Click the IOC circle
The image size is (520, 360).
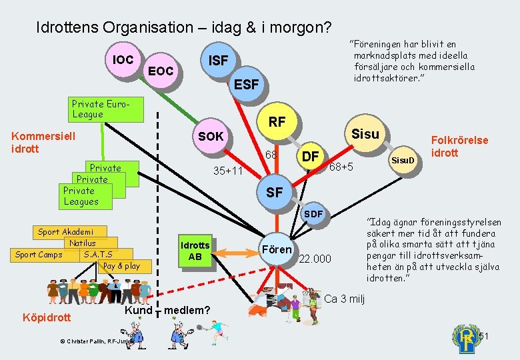(x=123, y=60)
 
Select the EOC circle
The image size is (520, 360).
(x=160, y=71)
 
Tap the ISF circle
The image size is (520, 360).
(x=218, y=61)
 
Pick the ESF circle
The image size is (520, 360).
(x=247, y=85)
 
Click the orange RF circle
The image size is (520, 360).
(x=277, y=121)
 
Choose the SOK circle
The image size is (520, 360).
(x=211, y=137)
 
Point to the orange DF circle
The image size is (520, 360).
(x=309, y=157)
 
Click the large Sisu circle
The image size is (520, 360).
(x=365, y=134)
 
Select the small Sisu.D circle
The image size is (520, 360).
(x=403, y=161)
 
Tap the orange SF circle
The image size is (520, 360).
(x=274, y=193)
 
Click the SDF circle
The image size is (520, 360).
(x=313, y=214)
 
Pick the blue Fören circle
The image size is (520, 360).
(x=277, y=249)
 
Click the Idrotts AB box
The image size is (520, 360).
(x=195, y=251)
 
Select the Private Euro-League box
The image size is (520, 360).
(x=107, y=109)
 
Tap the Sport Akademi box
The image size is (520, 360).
(x=65, y=232)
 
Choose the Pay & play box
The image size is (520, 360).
(x=121, y=266)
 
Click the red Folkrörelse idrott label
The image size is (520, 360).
(x=459, y=147)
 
